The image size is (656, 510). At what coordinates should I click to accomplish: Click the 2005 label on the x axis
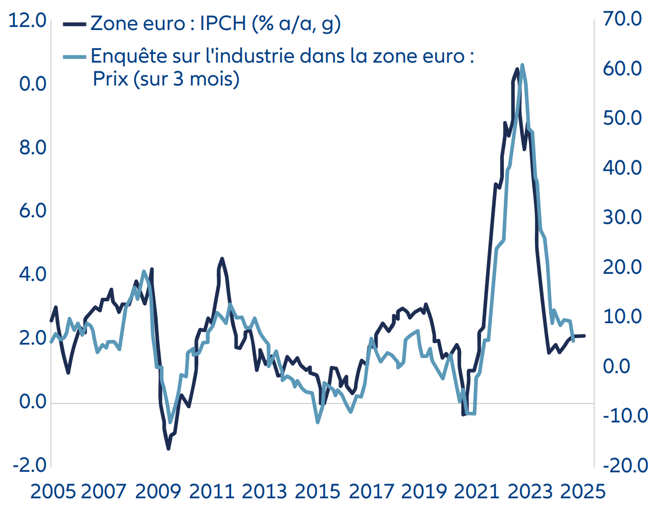tap(53, 492)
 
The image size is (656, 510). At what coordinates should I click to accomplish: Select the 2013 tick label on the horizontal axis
tap(264, 492)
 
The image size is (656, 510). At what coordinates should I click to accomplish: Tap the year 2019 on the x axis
tap(423, 492)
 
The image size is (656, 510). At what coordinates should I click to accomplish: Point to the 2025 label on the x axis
tap(583, 492)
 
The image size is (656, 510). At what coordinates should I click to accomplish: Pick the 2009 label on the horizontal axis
tap(158, 492)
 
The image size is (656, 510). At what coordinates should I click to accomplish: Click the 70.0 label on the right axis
tap(622, 19)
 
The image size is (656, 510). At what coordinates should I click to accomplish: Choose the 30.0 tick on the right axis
tap(622, 217)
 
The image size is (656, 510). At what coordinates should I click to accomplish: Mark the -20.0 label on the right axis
tap(625, 465)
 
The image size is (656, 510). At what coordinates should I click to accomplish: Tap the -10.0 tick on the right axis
tap(625, 416)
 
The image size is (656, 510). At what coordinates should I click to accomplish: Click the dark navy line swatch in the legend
tap(74, 23)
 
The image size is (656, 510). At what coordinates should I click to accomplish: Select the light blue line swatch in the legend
tap(74, 56)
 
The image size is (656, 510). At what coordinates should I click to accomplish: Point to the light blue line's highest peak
tap(522, 66)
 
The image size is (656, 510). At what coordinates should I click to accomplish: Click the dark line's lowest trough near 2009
tap(168, 448)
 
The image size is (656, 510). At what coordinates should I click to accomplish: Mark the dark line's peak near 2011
tap(221, 259)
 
